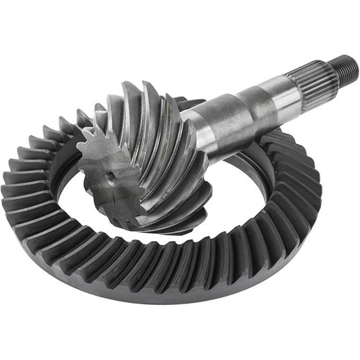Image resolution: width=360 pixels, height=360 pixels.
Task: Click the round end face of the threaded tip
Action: (354, 63)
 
